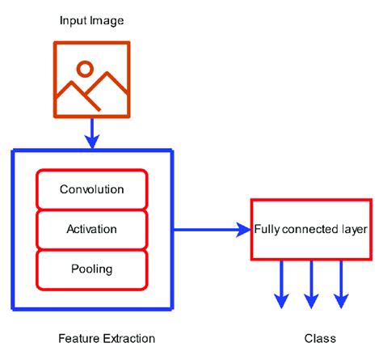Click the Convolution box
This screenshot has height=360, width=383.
[x=92, y=190]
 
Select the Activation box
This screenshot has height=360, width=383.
[x=92, y=229]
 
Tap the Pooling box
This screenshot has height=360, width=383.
[x=92, y=268]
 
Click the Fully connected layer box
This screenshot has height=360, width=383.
[x=311, y=229]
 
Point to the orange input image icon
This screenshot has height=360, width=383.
[x=91, y=78]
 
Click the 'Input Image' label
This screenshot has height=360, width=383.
[x=91, y=19]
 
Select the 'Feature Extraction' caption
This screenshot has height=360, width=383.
[x=107, y=338]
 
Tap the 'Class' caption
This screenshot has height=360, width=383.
[x=321, y=338]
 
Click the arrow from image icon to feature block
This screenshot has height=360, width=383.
[x=91, y=133]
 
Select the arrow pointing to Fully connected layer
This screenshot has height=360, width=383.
[x=212, y=230]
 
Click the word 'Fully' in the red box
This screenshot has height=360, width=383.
[x=267, y=229]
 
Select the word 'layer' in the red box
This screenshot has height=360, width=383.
[x=355, y=229]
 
